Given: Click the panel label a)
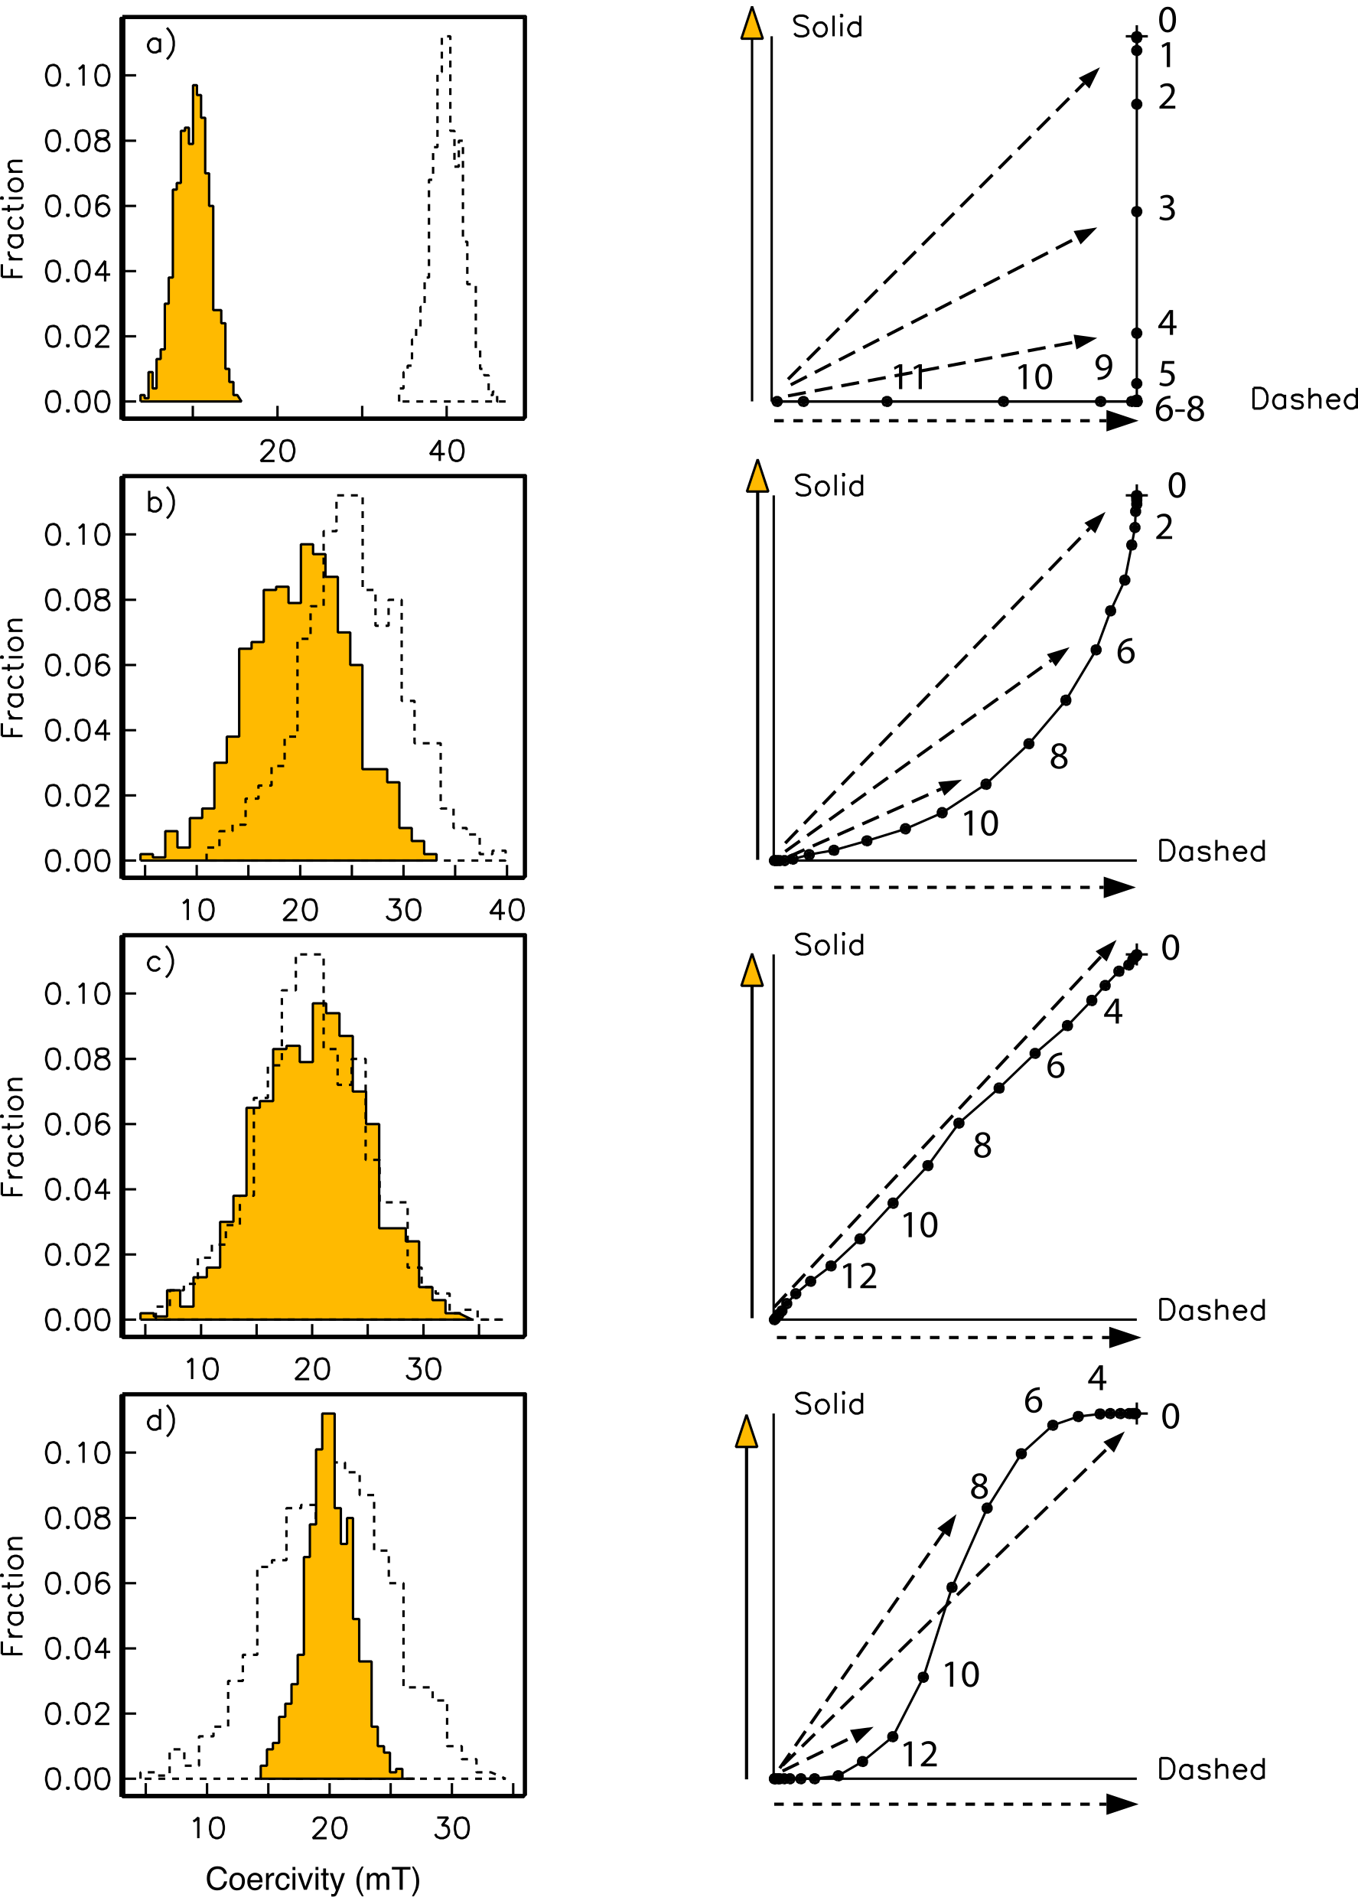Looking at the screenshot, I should click(x=161, y=44).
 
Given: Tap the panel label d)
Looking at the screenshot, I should click(x=161, y=1420).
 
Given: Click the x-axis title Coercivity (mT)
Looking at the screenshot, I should click(x=313, y=1878).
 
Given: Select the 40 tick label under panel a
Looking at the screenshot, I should click(x=447, y=452).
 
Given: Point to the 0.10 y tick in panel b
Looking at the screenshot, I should click(x=77, y=535).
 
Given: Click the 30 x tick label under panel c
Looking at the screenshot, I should click(x=423, y=1370).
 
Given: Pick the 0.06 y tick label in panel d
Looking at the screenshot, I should click(x=77, y=1583).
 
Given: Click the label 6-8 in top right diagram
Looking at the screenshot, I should click(x=1179, y=409).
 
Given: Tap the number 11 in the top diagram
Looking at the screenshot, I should click(x=910, y=377).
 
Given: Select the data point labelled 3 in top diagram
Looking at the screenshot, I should click(x=1136, y=211).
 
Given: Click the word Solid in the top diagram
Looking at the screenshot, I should click(x=827, y=27).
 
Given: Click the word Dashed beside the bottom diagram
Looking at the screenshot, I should click(x=1211, y=1769).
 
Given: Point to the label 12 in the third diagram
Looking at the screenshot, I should click(x=858, y=1277).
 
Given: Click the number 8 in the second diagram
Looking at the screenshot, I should click(x=1059, y=757).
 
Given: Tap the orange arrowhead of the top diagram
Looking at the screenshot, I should click(x=752, y=24).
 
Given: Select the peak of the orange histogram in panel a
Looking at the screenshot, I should click(x=195, y=87).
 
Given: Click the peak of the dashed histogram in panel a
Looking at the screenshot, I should click(x=447, y=37).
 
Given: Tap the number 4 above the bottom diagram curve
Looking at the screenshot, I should click(x=1097, y=1377).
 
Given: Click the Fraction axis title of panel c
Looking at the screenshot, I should click(x=13, y=1136).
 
